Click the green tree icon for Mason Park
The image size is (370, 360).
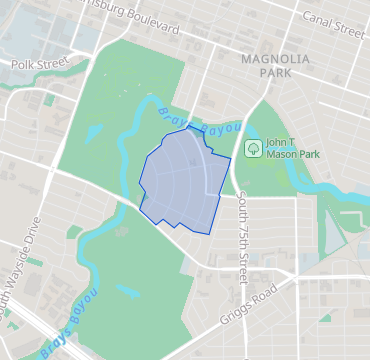pos(253,149)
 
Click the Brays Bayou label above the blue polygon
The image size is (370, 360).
pos(200,123)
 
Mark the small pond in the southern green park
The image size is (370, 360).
pos(127,291)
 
